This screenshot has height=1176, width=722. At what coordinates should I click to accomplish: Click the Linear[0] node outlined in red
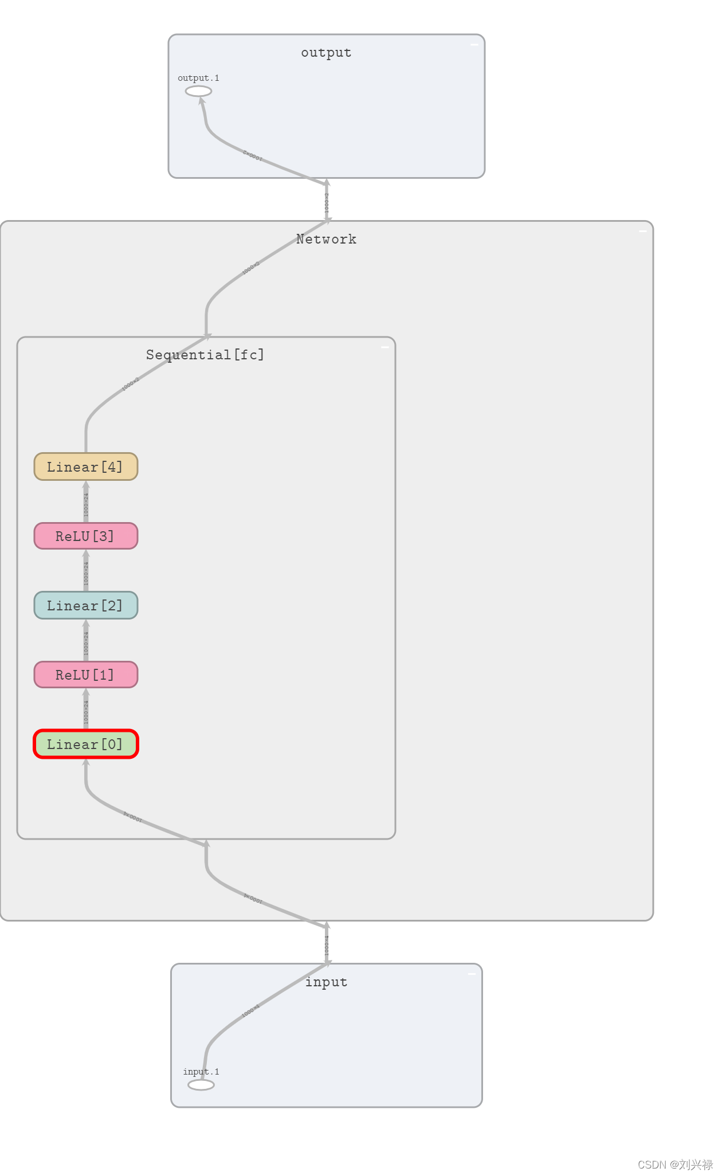point(86,744)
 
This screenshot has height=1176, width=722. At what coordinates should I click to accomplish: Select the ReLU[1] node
point(86,675)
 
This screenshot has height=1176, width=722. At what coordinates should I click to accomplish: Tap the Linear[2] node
point(86,605)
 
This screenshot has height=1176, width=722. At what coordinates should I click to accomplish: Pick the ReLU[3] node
point(86,536)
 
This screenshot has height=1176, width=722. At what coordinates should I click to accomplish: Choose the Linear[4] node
point(86,467)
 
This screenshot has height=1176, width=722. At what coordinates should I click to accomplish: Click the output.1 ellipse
point(198,91)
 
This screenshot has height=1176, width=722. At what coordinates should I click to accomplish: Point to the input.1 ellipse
point(201,1084)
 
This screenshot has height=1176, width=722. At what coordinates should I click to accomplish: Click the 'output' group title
point(326,53)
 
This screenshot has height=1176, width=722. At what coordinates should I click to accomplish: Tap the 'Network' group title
point(326,239)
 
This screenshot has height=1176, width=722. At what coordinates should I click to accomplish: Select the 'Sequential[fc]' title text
point(205,355)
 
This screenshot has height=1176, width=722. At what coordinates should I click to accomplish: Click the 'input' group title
point(326,982)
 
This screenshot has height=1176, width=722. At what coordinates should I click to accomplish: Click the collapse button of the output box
point(474,44)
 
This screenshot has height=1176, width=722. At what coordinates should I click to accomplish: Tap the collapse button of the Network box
point(642,231)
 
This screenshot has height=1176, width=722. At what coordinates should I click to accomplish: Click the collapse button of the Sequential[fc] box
point(384,347)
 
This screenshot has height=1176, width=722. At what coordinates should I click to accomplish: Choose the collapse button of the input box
point(472,974)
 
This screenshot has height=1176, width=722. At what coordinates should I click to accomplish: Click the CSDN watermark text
point(674,1165)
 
